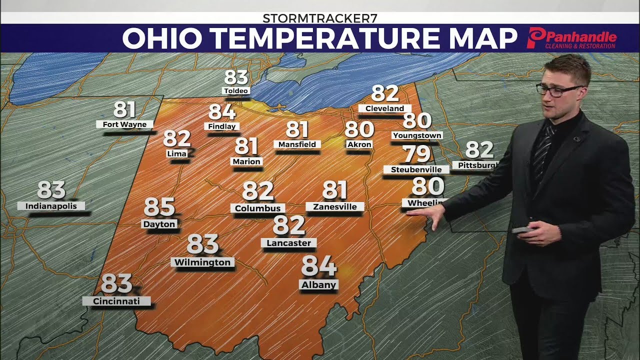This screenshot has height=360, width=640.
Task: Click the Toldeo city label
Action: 236,91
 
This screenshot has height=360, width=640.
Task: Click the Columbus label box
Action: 258,208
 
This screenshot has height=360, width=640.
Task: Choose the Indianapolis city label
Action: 51,206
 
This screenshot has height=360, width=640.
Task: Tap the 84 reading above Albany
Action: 318,266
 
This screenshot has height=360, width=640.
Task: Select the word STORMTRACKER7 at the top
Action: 320,18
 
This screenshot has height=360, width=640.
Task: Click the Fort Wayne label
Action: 124,124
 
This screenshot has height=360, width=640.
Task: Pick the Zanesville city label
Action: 335,206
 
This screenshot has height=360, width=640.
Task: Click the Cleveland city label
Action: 384,108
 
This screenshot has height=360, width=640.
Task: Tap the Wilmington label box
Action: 202,262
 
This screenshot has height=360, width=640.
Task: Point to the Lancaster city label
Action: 289,243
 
